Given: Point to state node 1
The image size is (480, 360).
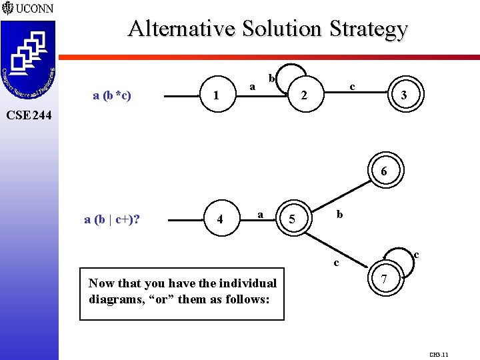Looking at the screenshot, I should pyautogui.click(x=215, y=96).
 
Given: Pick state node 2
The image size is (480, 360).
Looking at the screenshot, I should pyautogui.click(x=303, y=96).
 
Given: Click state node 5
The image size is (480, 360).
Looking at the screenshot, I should pyautogui.click(x=292, y=219).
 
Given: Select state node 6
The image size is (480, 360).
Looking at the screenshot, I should pyautogui.click(x=383, y=171).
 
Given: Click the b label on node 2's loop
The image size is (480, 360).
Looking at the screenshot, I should pyautogui.click(x=271, y=79).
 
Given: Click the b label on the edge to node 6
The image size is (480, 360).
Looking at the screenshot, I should pyautogui.click(x=339, y=214).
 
